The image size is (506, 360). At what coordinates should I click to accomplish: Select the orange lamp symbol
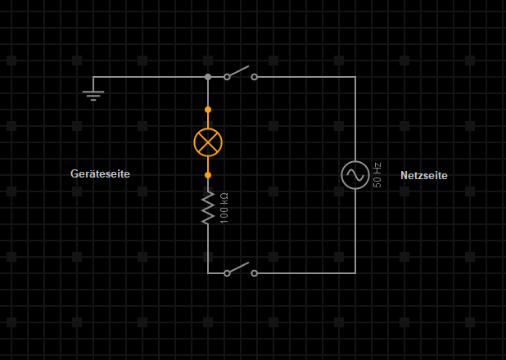(x=208, y=142)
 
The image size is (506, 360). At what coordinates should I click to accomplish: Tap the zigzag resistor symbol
(x=208, y=207)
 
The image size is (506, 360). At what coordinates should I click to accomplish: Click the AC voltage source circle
(x=355, y=174)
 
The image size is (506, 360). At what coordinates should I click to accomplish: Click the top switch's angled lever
(x=239, y=72)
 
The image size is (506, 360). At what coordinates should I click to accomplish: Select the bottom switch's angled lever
(x=239, y=268)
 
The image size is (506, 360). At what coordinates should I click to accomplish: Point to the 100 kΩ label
(x=224, y=208)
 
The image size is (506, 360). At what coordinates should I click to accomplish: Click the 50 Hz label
(x=377, y=175)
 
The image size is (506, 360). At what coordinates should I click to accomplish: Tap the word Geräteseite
(x=100, y=174)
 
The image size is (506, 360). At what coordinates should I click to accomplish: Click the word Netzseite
(x=424, y=176)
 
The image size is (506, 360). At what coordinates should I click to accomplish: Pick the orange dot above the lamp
(x=208, y=110)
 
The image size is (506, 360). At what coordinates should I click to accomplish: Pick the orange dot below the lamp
(x=208, y=175)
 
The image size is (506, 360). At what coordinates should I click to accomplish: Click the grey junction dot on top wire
(x=208, y=77)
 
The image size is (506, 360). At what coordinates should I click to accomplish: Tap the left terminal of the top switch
(x=227, y=77)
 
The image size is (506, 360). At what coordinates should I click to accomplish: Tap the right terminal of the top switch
(x=254, y=77)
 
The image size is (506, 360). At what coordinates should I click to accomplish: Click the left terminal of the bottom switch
(x=227, y=273)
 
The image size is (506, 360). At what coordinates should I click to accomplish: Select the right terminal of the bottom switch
(x=254, y=273)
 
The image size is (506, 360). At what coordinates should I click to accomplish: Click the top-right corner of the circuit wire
(x=355, y=77)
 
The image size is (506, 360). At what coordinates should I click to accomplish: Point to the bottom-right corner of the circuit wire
(x=355, y=273)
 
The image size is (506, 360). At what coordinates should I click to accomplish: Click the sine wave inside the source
(x=355, y=174)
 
